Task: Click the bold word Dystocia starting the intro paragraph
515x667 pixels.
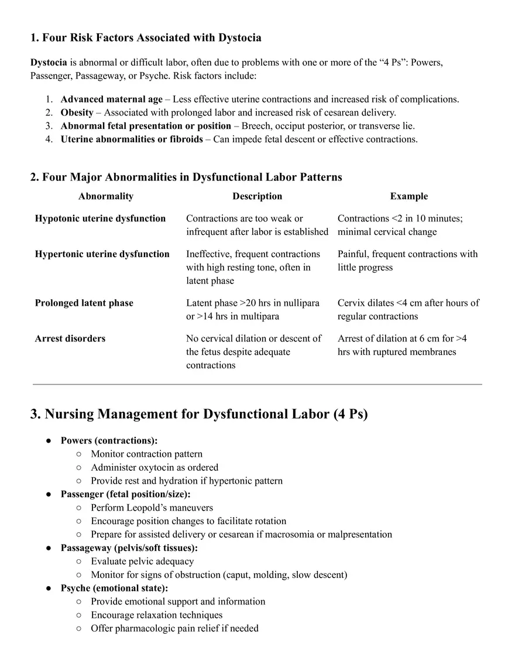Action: point(49,62)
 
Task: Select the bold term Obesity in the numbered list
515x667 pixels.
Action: point(77,112)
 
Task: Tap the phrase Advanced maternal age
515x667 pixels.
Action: point(111,99)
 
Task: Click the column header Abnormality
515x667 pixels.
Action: point(106,196)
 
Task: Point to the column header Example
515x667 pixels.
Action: point(408,196)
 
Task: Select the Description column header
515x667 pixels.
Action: point(257,196)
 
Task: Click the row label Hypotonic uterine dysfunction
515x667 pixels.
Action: point(100,218)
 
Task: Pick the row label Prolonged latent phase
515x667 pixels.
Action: point(84,303)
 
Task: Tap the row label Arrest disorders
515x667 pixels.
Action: point(70,338)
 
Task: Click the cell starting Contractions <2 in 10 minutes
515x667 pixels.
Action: point(400,225)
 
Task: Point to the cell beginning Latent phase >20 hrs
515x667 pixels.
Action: point(252,309)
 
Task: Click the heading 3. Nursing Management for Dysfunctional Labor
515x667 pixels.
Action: point(199,414)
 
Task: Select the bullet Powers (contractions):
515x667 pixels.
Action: point(109,440)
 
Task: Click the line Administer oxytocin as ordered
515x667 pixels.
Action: point(154,467)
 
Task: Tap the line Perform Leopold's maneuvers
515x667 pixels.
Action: point(152,508)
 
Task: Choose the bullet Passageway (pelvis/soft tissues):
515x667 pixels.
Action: point(129,548)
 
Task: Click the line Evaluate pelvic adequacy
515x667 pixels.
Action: point(142,561)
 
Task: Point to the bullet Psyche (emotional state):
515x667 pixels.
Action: point(114,588)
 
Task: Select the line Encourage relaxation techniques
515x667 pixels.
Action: point(156,615)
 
